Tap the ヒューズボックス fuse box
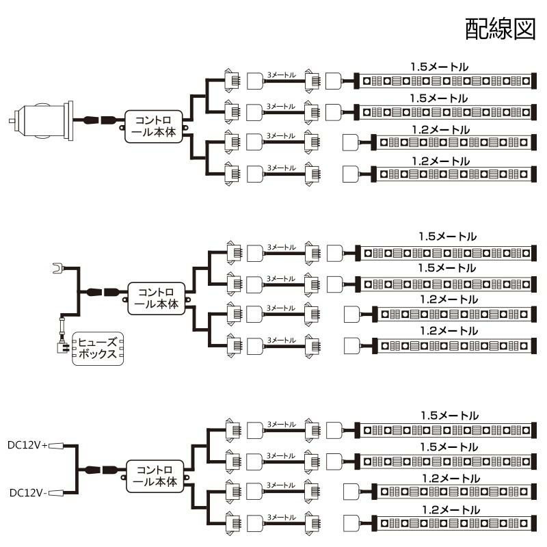[x=98, y=349]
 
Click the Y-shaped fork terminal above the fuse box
[x=59, y=268]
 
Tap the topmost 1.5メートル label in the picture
[x=440, y=67]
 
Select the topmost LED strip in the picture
[x=445, y=81]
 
